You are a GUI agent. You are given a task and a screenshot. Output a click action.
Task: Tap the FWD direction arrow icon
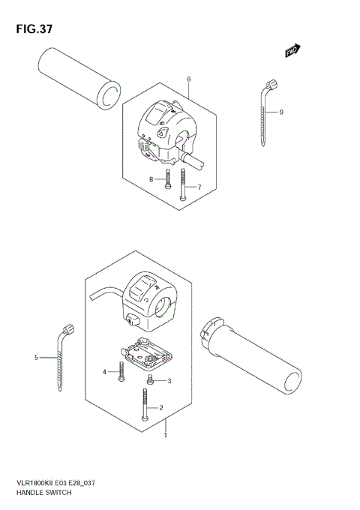coord(292,50)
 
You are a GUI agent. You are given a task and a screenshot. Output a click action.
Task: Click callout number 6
coord(189,79)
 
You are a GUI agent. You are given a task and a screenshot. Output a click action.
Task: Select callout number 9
coord(280,112)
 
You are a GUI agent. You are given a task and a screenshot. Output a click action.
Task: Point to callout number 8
coord(151,179)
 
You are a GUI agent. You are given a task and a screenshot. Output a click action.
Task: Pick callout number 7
coord(199,187)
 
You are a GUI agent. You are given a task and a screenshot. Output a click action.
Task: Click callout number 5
coord(35,358)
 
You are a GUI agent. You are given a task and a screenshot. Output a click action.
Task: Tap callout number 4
coord(105,372)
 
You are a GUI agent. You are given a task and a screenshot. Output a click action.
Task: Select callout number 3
coord(169,381)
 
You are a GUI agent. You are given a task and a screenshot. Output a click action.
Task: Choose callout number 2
coord(160,408)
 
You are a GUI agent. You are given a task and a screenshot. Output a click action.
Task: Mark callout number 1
coord(166,434)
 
